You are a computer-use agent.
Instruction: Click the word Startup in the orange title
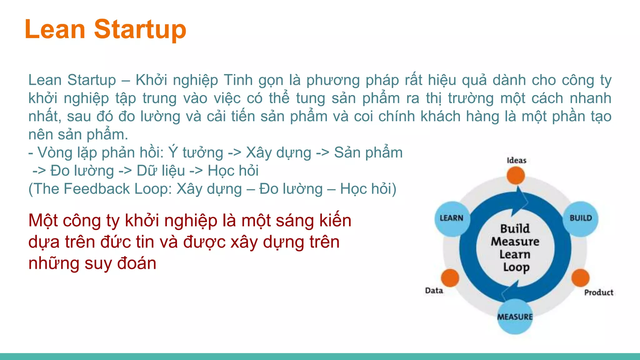click(140, 29)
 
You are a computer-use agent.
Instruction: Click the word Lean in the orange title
click(55, 29)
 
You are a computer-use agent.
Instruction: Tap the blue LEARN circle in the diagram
click(452, 219)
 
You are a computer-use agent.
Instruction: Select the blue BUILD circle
click(581, 219)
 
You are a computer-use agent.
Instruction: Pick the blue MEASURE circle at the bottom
click(515, 317)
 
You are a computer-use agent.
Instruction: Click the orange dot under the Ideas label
click(516, 176)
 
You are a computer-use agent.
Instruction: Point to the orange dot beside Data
click(450, 278)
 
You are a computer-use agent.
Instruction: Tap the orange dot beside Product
click(581, 278)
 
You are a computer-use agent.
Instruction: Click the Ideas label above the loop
click(517, 161)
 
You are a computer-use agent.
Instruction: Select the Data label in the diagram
click(434, 291)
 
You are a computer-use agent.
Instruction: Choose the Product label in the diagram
click(599, 292)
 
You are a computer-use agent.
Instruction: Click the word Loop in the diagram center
click(516, 267)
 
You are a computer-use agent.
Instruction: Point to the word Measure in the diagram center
click(515, 242)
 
